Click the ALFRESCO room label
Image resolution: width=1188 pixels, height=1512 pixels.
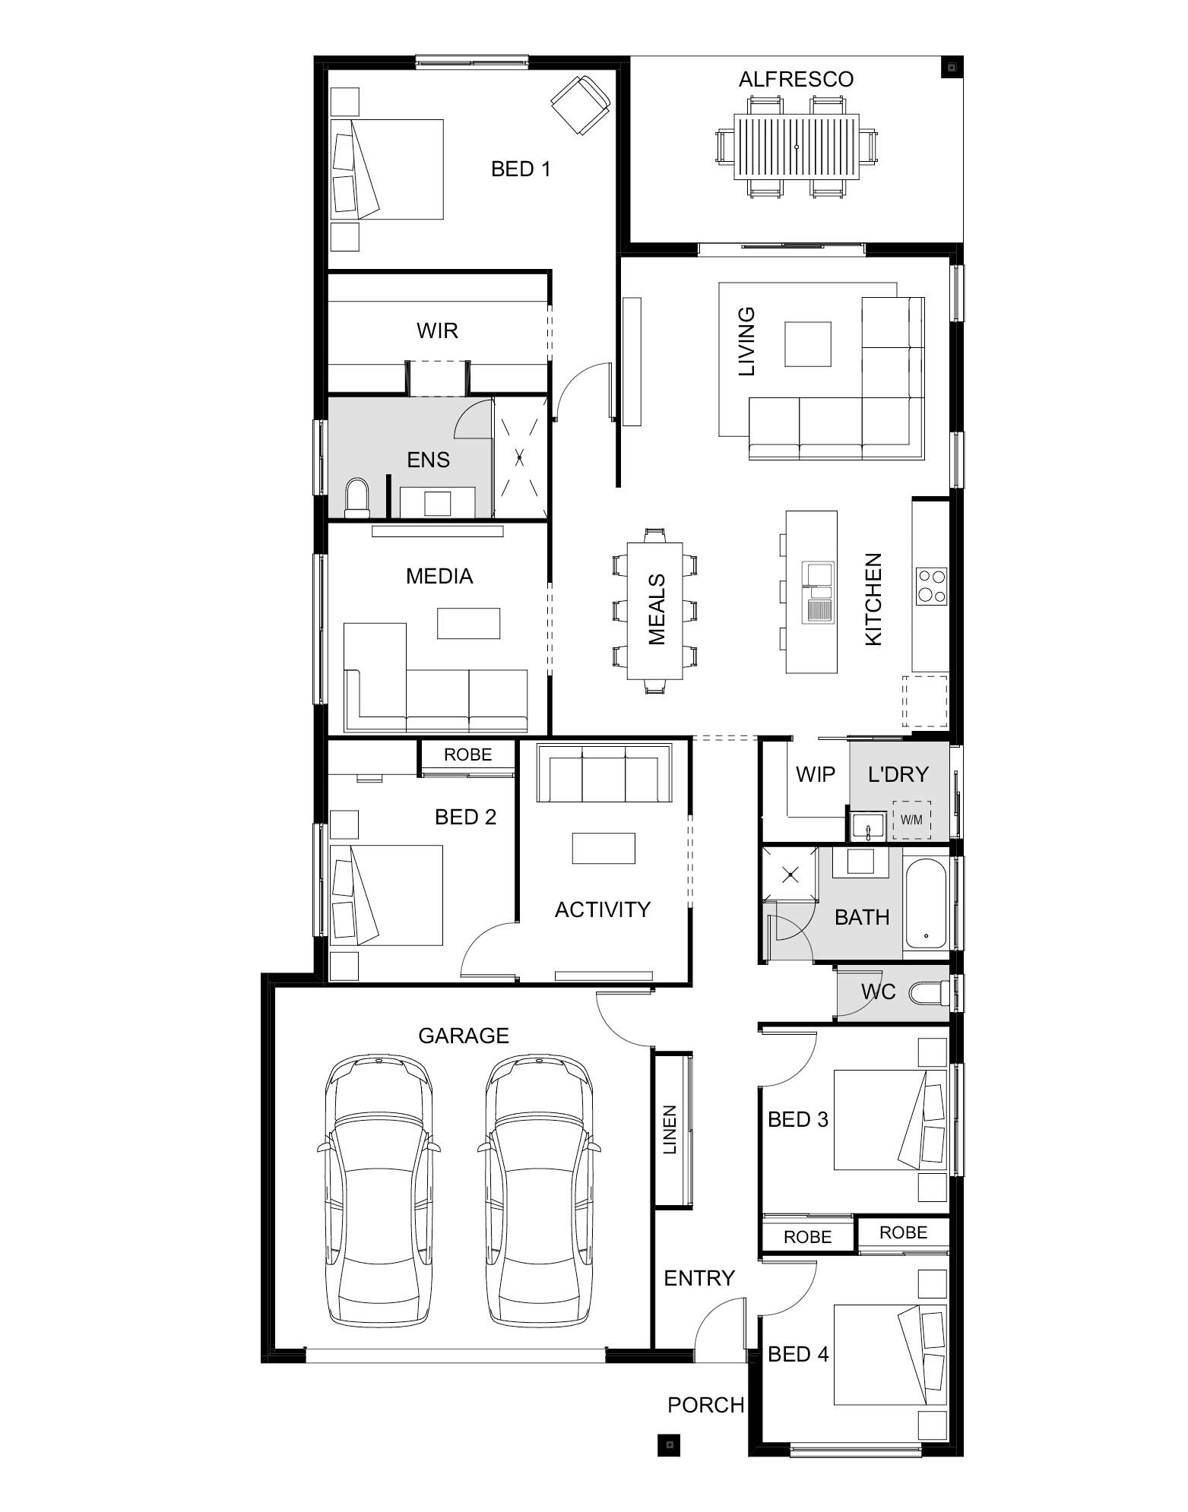[x=796, y=80]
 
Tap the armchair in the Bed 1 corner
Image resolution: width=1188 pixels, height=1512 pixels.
[x=581, y=105]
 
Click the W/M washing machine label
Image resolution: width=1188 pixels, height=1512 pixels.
[x=911, y=820]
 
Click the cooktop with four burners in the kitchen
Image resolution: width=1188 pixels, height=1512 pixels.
[x=931, y=586]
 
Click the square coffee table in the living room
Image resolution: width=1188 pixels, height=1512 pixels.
[x=808, y=344]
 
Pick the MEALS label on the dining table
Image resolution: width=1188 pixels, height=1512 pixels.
[x=657, y=610]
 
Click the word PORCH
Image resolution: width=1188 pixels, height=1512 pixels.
[x=705, y=1406]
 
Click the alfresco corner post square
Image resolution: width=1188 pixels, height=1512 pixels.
[x=951, y=68]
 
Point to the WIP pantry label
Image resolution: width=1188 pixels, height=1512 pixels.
[x=815, y=774]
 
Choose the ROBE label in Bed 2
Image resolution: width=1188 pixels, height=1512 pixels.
[x=468, y=754]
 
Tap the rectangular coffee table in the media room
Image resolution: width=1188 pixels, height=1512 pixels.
[x=468, y=623]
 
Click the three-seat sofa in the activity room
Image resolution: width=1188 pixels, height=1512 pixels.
[x=604, y=773]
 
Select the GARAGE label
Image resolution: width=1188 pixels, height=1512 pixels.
[x=464, y=1036]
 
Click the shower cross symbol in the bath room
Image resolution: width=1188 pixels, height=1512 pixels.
[x=790, y=875]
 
